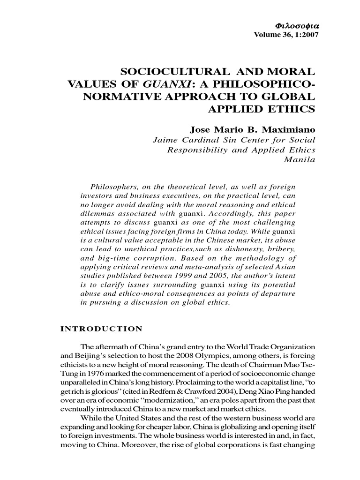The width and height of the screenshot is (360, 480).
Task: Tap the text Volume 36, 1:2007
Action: [x=285, y=35]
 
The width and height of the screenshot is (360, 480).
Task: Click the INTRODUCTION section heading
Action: [x=101, y=329]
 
